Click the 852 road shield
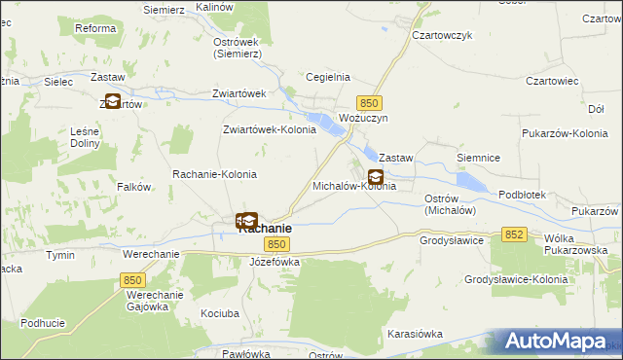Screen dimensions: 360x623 (515, 234)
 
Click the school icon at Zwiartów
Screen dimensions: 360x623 (112, 100)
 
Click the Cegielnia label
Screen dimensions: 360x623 (328, 77)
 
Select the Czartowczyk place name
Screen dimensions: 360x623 (442, 34)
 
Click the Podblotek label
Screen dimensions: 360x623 (522, 195)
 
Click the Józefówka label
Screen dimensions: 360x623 (275, 262)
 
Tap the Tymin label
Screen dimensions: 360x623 (59, 254)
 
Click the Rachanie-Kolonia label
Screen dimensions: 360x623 (214, 174)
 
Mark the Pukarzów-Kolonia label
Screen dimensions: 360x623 (565, 132)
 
